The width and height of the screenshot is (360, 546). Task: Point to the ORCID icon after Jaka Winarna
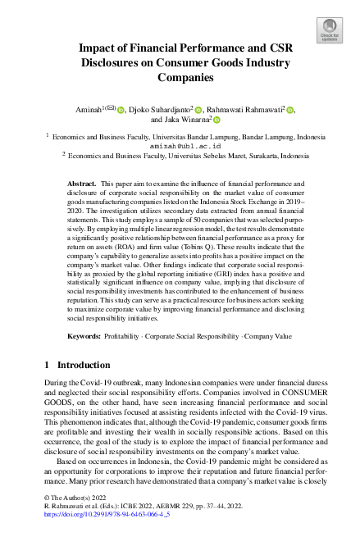(x=218, y=120)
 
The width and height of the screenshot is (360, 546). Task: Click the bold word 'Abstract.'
(x=81, y=185)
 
